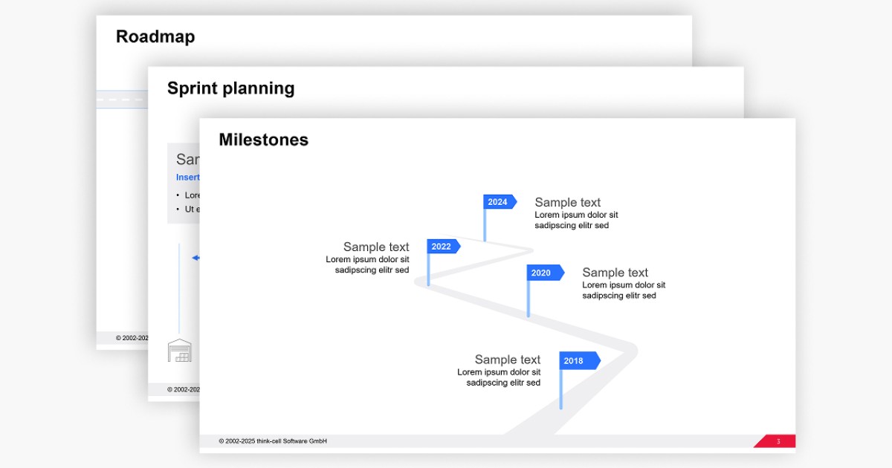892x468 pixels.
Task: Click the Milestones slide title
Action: [263, 140]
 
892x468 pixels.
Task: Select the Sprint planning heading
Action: [230, 88]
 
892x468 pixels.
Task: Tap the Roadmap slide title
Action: [155, 36]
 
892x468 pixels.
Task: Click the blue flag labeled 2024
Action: [499, 202]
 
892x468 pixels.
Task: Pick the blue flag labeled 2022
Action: [442, 247]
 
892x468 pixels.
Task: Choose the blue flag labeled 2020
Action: [543, 273]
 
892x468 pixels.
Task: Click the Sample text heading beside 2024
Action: [567, 202]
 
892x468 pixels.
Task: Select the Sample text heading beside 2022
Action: [376, 247]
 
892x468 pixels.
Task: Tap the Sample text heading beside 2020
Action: [615, 273]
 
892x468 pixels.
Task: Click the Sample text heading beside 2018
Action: [508, 360]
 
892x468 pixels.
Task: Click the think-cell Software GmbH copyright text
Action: [273, 441]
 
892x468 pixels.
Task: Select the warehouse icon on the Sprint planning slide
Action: [179, 351]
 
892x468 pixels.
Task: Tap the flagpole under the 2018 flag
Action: [561, 390]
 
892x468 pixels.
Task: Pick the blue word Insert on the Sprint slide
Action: [187, 178]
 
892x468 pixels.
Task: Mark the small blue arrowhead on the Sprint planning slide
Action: [195, 258]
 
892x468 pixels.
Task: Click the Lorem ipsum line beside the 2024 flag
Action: [576, 215]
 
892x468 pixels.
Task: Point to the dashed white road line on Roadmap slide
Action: [123, 99]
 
